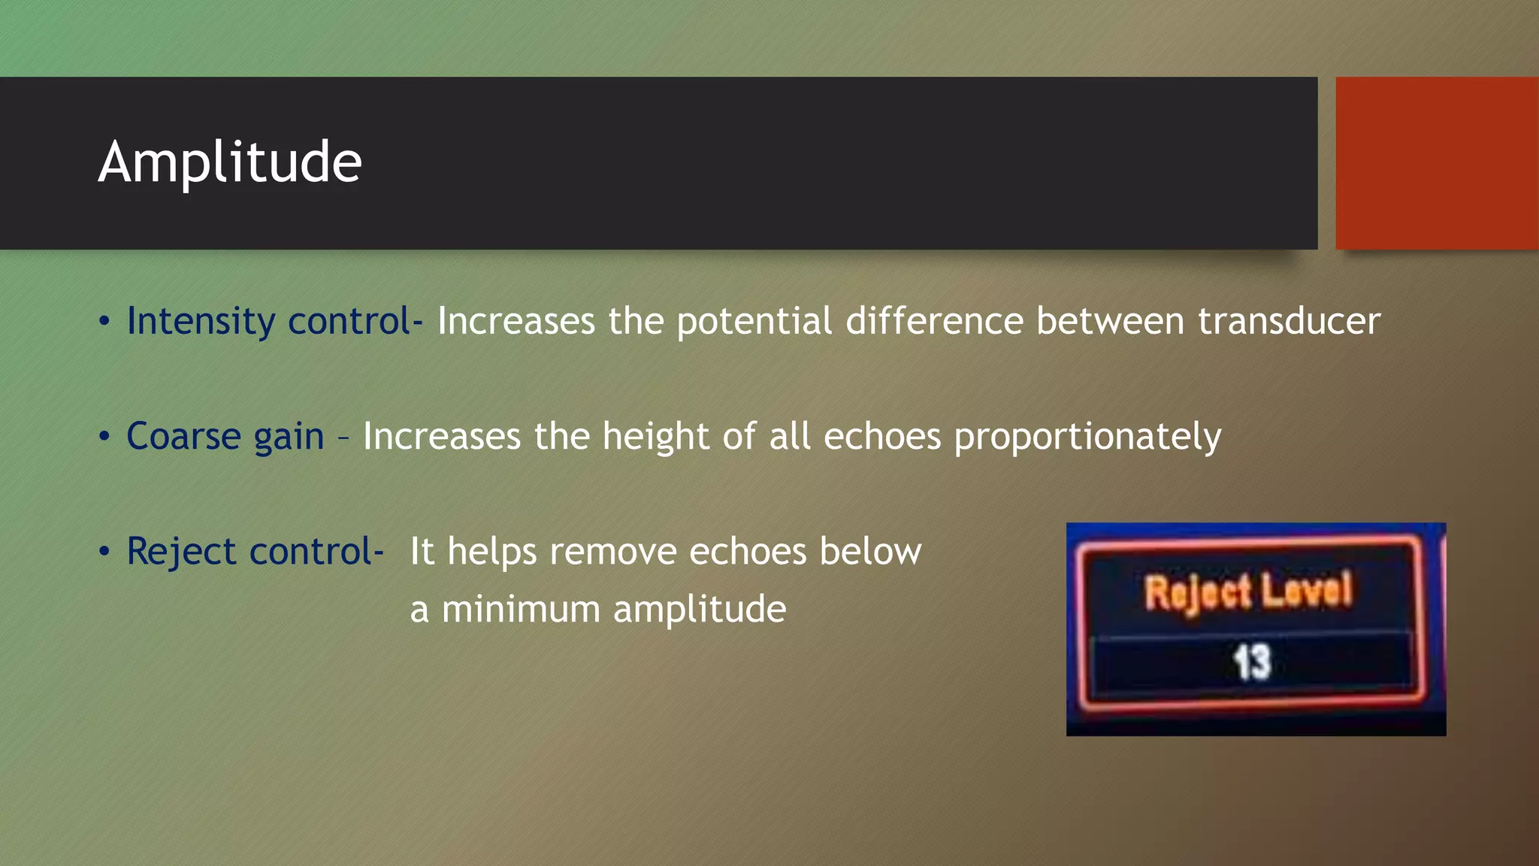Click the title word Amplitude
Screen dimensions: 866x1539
(230, 162)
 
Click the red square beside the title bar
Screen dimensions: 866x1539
(1437, 162)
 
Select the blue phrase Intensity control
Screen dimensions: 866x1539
(269, 322)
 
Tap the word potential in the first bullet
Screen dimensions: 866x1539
(754, 322)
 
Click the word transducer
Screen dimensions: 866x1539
(1289, 322)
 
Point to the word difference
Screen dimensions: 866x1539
(934, 322)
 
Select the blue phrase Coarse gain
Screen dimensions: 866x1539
(225, 437)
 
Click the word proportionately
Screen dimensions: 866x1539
(1087, 437)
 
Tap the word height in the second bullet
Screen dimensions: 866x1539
(655, 437)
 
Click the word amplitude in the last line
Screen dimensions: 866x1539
(700, 609)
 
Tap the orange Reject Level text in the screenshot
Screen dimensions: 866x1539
(1247, 591)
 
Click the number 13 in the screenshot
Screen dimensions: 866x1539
(1252, 662)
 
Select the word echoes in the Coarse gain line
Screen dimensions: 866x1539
(882, 437)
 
